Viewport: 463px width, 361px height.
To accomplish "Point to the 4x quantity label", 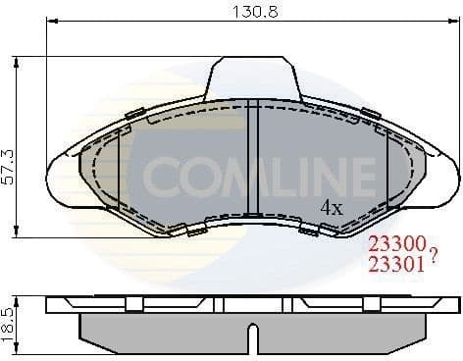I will coord(332,207).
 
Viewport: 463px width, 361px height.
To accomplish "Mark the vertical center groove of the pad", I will coord(252,157).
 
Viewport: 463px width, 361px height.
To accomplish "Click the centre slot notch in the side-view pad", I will coord(251,339).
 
